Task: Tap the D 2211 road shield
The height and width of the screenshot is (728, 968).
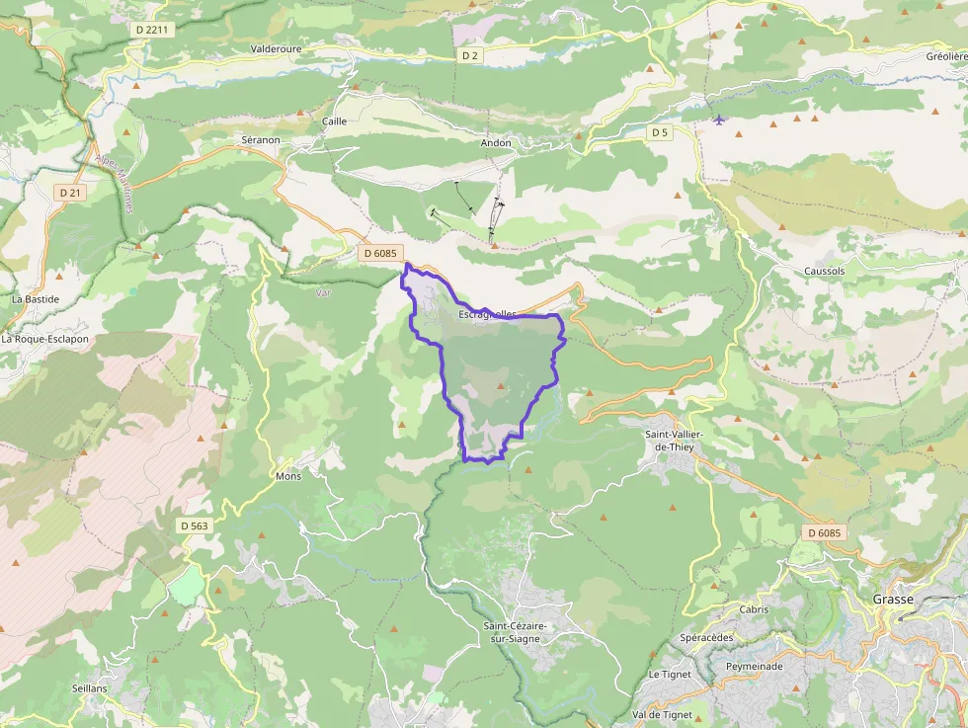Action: click(153, 30)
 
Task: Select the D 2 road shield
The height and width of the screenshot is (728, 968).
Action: click(470, 55)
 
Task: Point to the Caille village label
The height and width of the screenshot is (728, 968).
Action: click(334, 121)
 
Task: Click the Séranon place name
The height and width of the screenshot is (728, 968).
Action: click(261, 140)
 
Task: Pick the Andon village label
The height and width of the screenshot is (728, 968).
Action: click(496, 143)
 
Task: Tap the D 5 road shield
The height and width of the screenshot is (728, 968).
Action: click(659, 132)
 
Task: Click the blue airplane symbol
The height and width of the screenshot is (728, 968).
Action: click(718, 120)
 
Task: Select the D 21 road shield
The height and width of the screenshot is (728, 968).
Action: click(70, 193)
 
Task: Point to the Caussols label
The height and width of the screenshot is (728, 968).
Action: click(824, 270)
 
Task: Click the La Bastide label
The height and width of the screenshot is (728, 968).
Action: click(36, 298)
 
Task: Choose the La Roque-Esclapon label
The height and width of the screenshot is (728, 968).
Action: click(44, 339)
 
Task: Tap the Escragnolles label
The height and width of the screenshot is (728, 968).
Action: click(488, 315)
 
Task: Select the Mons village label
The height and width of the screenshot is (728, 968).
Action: click(288, 476)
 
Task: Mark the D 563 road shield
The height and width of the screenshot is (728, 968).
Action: click(195, 526)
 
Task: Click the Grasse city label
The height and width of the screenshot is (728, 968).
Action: click(893, 600)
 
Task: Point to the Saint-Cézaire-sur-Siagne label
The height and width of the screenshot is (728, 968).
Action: click(516, 632)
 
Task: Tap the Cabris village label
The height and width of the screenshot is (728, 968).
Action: click(753, 609)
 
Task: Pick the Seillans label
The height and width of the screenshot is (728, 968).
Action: click(89, 688)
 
